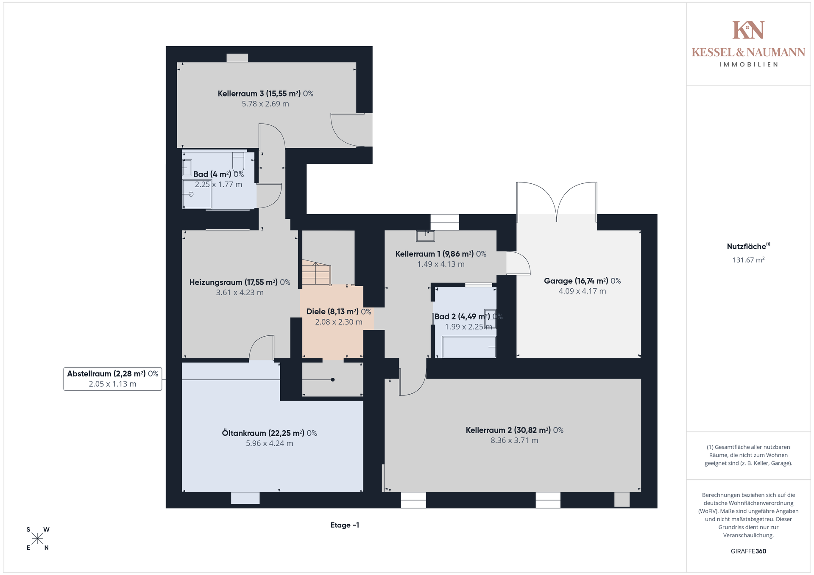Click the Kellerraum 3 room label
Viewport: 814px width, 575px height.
(x=265, y=94)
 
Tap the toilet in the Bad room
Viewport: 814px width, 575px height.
(x=238, y=160)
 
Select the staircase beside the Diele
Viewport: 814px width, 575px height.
(x=316, y=273)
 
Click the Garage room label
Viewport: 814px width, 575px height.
(x=582, y=281)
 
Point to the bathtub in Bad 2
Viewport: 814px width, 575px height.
(x=469, y=347)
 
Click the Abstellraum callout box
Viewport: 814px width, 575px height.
(x=113, y=379)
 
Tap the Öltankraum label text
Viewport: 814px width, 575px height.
(x=269, y=433)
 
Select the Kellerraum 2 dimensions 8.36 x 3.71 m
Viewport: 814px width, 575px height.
(x=514, y=440)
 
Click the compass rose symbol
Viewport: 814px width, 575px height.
(x=37, y=539)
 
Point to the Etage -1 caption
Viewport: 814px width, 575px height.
(x=345, y=525)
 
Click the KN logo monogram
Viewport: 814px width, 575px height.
(x=748, y=30)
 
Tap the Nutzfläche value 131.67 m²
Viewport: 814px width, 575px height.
(x=748, y=260)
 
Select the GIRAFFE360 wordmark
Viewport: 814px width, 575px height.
(x=748, y=551)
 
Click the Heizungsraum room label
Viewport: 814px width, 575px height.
(x=240, y=282)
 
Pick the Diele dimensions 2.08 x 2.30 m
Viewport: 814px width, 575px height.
(x=338, y=322)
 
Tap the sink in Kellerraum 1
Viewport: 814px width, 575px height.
(x=425, y=236)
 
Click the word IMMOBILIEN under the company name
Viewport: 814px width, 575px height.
(x=748, y=64)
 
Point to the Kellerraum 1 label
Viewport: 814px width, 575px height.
(x=441, y=254)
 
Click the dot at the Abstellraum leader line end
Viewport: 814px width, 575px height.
(x=333, y=380)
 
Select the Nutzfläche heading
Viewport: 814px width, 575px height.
(x=748, y=246)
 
